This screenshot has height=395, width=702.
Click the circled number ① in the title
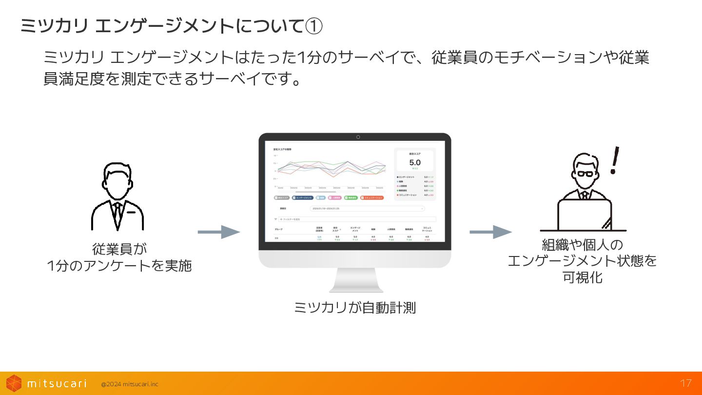[313, 26]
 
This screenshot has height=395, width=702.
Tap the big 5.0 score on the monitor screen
[414, 162]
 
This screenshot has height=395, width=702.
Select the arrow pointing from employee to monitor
[219, 232]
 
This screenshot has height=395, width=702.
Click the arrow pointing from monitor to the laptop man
[490, 232]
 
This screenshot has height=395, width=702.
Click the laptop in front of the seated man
[584, 215]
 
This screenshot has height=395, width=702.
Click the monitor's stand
[355, 282]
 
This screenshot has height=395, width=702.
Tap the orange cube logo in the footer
[14, 383]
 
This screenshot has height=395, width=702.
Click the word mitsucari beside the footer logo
[57, 383]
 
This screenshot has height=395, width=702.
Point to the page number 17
[686, 383]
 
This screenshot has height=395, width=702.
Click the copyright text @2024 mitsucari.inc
[129, 384]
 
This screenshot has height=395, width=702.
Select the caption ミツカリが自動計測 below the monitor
[355, 308]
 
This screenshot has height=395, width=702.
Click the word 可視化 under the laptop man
[583, 277]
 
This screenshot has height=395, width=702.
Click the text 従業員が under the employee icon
[119, 249]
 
